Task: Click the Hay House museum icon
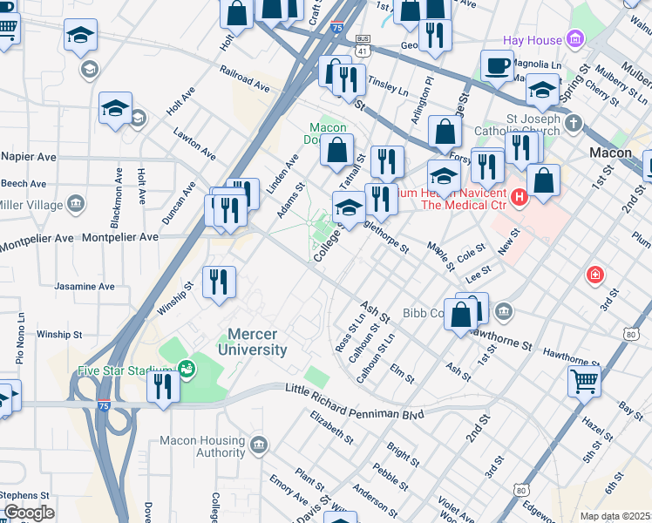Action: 574,39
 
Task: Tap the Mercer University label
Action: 257,342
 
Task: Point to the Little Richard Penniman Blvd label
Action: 355,410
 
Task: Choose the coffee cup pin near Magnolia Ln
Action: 497,65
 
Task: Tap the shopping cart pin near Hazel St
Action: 583,380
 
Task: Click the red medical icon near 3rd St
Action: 595,275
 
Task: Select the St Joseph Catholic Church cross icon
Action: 573,123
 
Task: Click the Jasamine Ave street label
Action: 85,286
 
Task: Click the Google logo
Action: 29,513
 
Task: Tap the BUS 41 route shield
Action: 362,45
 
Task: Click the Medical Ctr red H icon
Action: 520,198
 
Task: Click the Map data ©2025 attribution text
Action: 615,516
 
